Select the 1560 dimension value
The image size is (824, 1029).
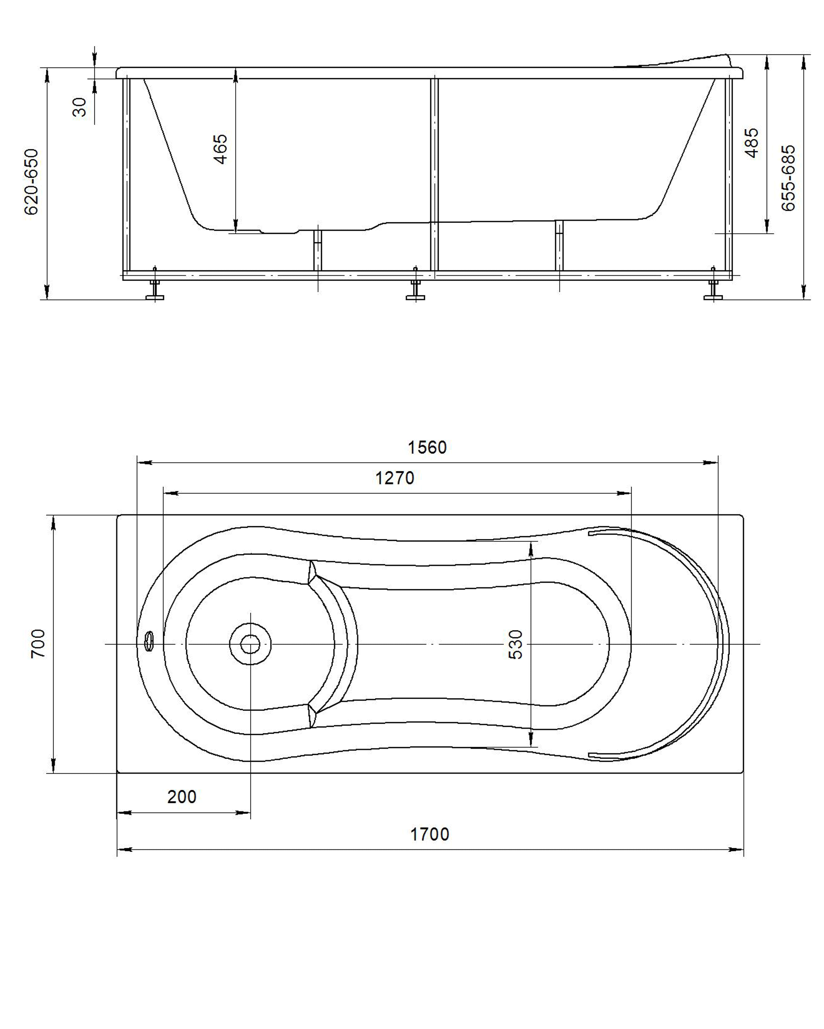(427, 447)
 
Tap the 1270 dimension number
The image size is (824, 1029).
(394, 478)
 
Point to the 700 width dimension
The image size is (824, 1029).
(38, 643)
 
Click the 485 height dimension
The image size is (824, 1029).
(752, 143)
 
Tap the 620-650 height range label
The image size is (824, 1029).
(32, 182)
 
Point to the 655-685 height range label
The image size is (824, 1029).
(789, 178)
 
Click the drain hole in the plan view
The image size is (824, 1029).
(250, 644)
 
